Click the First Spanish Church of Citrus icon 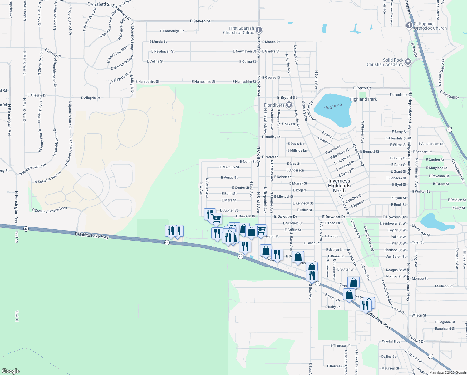(258, 30)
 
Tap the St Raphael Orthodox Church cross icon (409, 26)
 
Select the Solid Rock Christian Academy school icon (408, 62)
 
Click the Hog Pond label (333, 107)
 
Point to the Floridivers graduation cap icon (289, 105)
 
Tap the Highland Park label (363, 99)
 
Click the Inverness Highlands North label (339, 186)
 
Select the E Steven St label (200, 21)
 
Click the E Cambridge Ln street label (172, 31)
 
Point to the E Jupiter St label (229, 210)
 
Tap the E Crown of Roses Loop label (49, 210)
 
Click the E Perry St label (362, 88)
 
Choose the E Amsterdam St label (431, 144)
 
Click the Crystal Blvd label (391, 342)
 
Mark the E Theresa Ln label (340, 346)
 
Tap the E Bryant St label (287, 97)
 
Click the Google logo (10, 371)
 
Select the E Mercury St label (229, 167)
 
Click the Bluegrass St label (445, 322)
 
